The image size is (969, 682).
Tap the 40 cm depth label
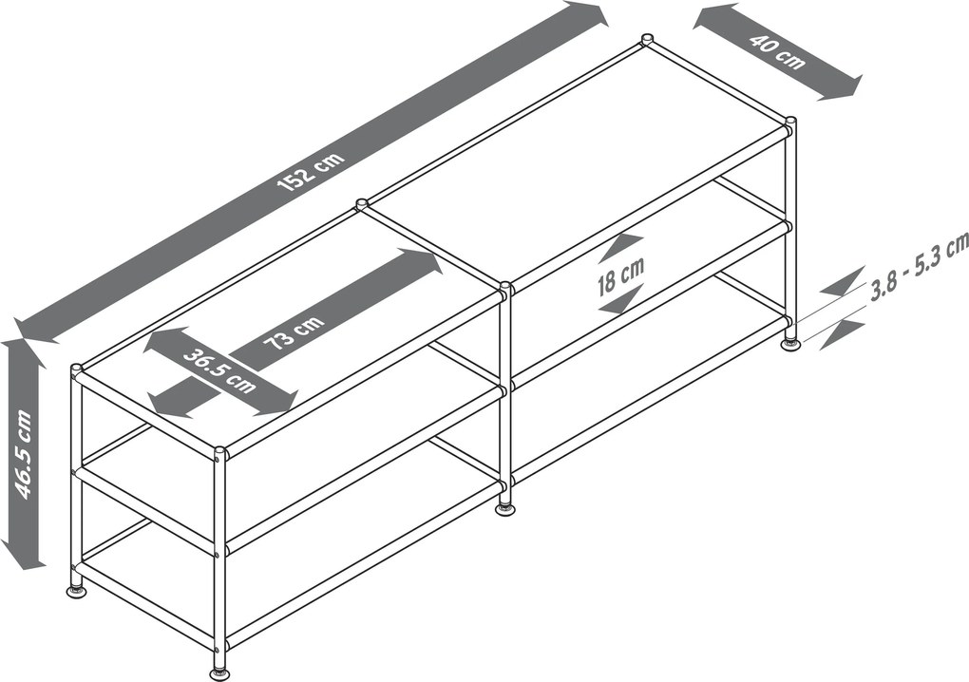(777, 51)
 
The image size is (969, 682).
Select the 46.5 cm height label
(24, 453)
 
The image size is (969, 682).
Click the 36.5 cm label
(219, 370)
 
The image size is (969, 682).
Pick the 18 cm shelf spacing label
(620, 275)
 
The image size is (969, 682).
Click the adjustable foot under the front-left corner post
(218, 672)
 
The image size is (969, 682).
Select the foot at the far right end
(790, 344)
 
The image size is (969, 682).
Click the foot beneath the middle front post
(506, 510)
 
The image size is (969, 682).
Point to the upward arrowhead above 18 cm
(622, 246)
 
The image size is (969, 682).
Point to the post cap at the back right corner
(789, 120)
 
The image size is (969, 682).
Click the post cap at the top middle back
(647, 39)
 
